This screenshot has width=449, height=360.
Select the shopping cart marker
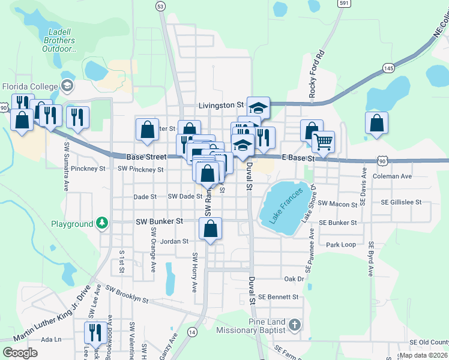[x=323, y=142]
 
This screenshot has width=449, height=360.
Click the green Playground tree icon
[x=103, y=224]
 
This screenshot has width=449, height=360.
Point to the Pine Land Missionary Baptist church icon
[x=294, y=325]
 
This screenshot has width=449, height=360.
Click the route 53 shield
[x=160, y=6]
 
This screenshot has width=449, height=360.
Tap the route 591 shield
[x=343, y=3]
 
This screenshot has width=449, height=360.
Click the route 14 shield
[x=192, y=332]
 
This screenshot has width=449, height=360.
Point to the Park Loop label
[x=341, y=245]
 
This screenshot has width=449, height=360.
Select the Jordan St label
[x=174, y=241]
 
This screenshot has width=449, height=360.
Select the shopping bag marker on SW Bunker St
[x=210, y=229]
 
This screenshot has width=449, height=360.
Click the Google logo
[x=20, y=352]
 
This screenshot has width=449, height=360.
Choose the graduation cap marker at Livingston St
[x=259, y=108]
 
